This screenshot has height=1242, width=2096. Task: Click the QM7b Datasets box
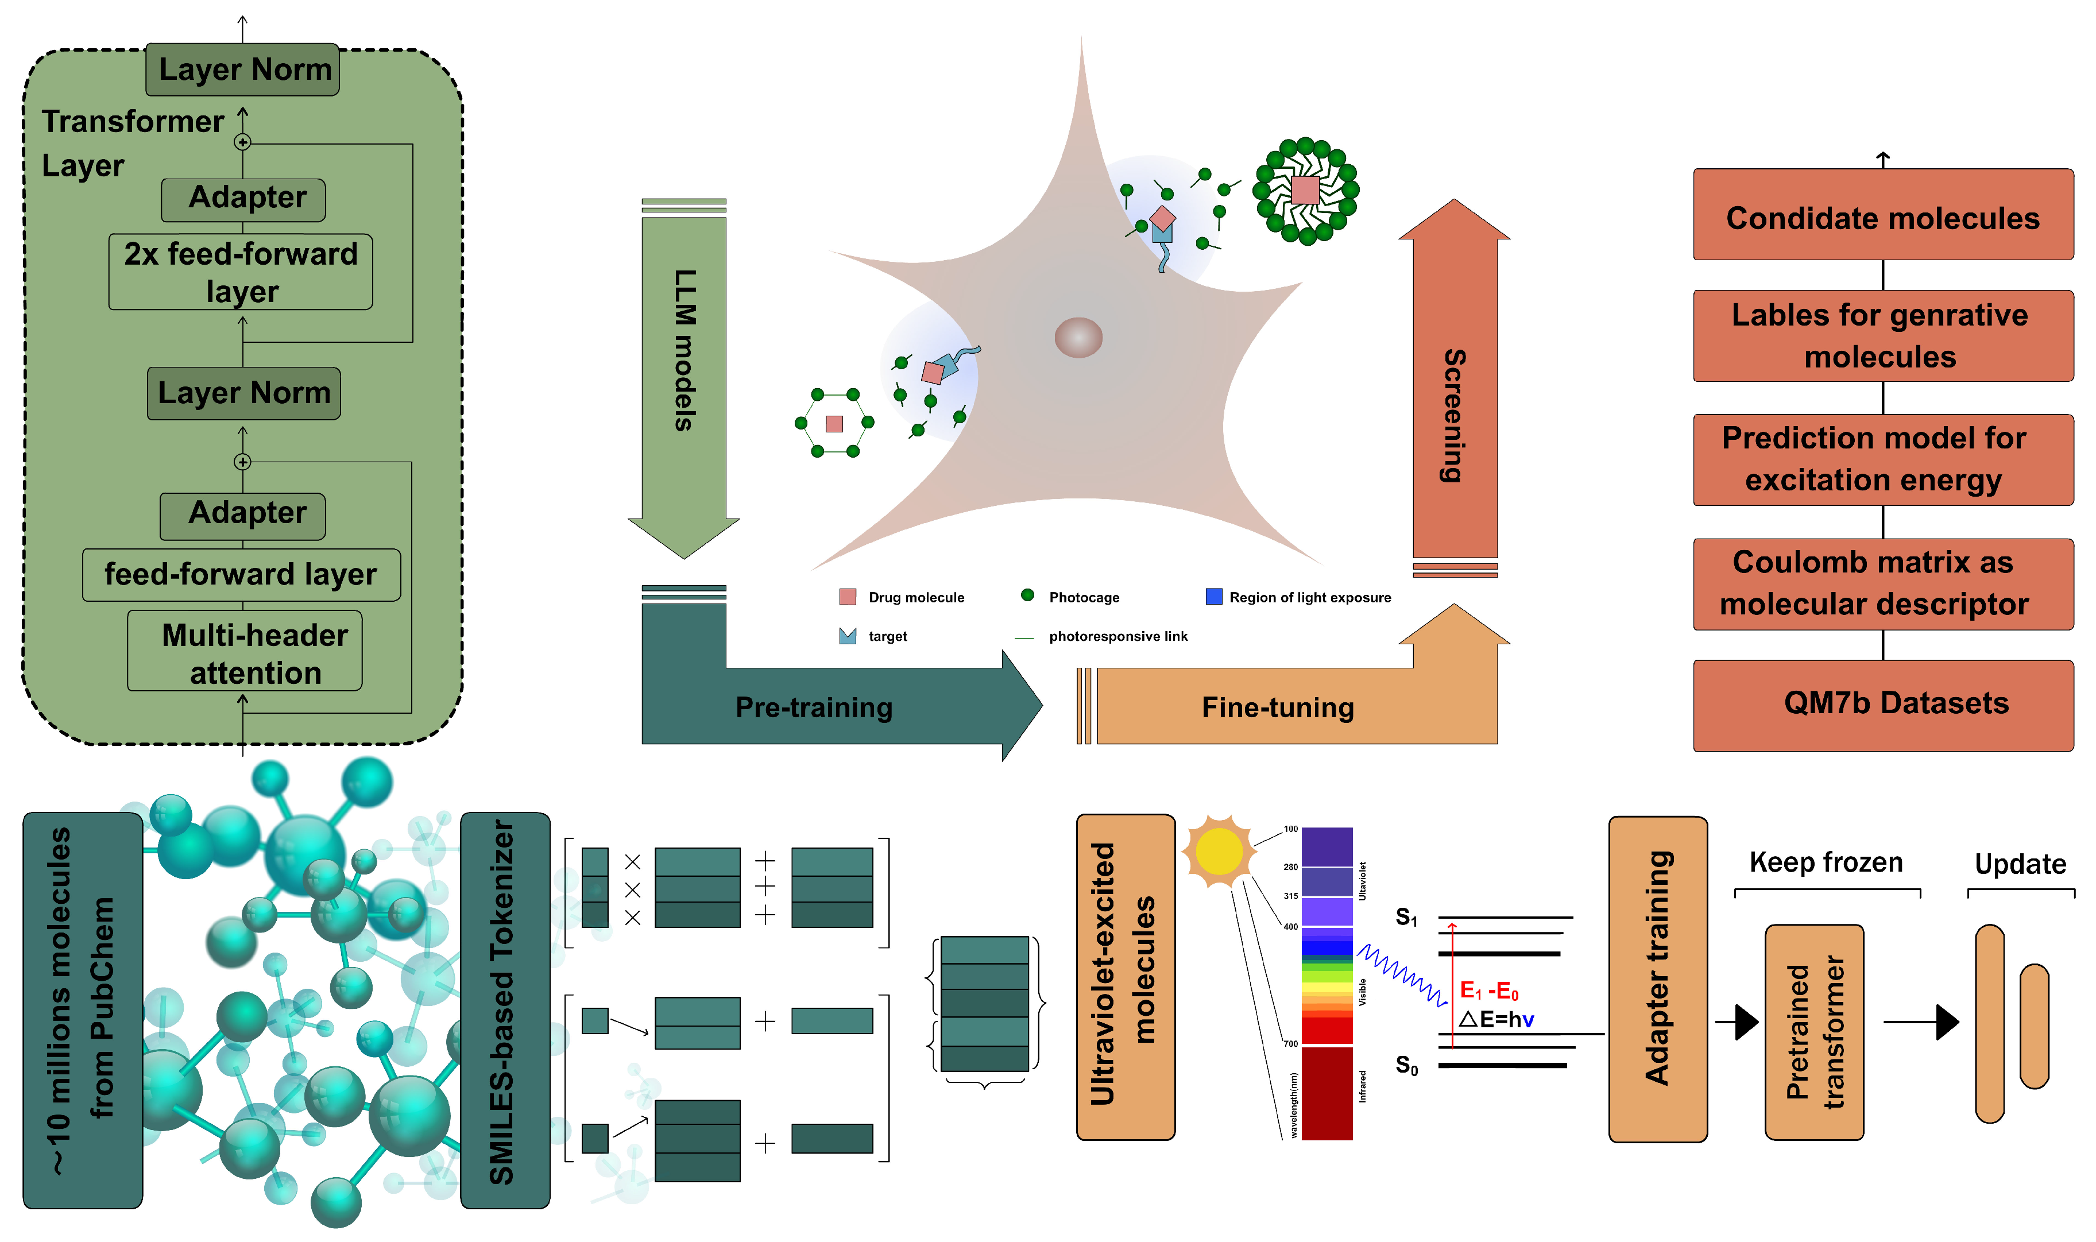coord(1882,705)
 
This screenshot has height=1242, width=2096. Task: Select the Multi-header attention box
coord(244,651)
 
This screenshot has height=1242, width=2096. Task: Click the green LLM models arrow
coord(683,368)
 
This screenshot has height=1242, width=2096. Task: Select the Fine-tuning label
coord(1277,707)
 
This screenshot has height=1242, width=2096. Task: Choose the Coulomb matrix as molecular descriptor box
coord(1882,583)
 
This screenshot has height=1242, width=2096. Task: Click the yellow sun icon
coord(1219,851)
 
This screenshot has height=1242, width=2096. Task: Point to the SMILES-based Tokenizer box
coord(505,1009)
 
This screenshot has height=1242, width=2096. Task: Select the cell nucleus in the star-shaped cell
coord(1078,337)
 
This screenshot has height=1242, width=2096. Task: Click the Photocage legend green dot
coord(1027,595)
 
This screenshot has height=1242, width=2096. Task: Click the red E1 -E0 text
coord(1488,991)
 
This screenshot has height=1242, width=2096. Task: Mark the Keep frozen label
coord(1825,862)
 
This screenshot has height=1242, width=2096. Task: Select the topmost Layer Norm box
coord(243,69)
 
